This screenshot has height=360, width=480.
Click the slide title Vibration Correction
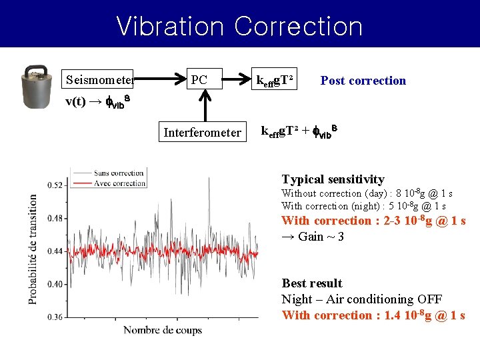pos(239,26)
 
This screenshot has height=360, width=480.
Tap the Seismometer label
pos(100,81)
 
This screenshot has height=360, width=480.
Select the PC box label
pos(199,81)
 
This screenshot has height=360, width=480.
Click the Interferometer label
pos(202,133)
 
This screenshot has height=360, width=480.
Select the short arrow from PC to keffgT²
pos(235,80)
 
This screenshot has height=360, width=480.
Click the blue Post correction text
pos(363,81)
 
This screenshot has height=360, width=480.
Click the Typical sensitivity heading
pos(333,179)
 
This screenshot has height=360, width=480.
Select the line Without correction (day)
pos(363,194)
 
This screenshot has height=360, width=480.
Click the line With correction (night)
pos(363,207)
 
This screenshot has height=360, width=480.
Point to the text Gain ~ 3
pos(313,237)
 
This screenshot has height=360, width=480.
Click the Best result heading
pos(311,283)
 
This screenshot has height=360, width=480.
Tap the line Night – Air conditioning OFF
pos(361,299)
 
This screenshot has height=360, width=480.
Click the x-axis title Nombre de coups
pos(162,330)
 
